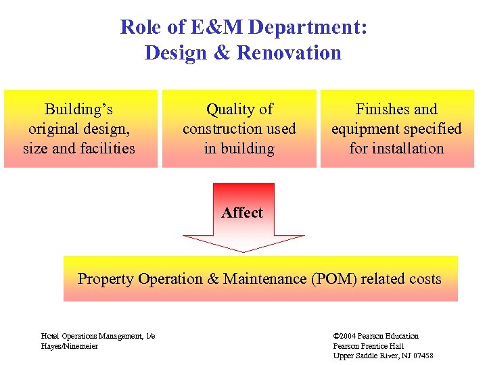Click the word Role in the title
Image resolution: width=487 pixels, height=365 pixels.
click(139, 28)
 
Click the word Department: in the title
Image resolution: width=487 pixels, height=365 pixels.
click(308, 28)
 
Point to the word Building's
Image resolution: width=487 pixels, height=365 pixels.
click(78, 109)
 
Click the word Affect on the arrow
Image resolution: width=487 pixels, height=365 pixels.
click(242, 212)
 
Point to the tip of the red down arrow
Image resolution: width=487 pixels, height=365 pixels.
click(243, 251)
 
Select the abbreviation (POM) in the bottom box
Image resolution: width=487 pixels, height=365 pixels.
click(336, 278)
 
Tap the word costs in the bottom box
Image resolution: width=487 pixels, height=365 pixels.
click(422, 278)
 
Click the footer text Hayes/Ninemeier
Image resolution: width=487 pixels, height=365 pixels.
click(70, 346)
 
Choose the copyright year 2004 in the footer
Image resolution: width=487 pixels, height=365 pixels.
click(349, 336)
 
